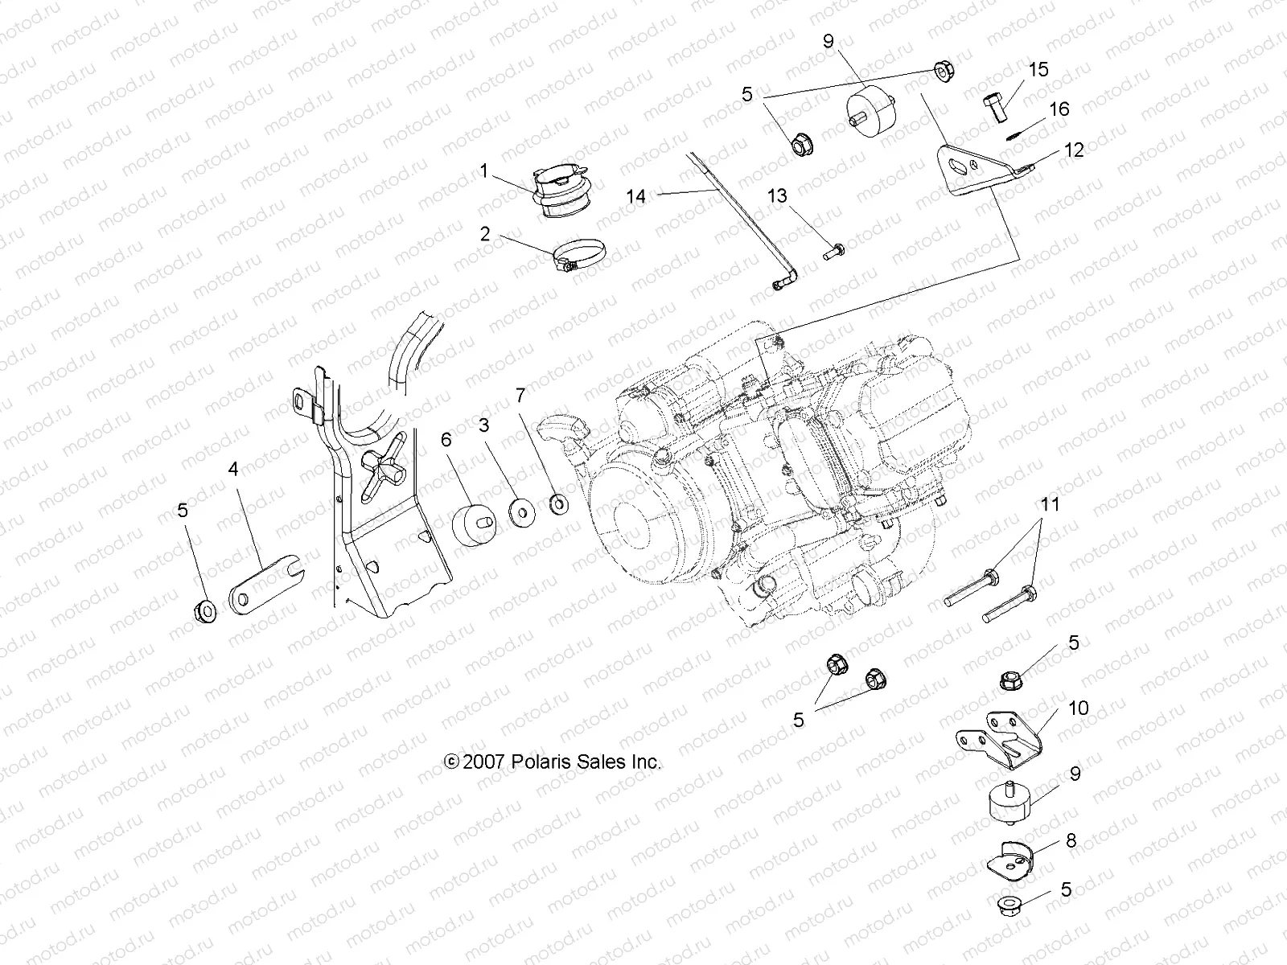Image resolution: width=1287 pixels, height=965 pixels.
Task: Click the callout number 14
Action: tap(636, 196)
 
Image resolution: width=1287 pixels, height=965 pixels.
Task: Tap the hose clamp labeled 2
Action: tap(578, 257)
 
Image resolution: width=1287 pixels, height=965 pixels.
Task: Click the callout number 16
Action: tap(1059, 109)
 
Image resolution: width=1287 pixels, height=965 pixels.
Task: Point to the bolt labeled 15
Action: tap(995, 105)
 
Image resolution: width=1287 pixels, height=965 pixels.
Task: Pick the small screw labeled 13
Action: tap(833, 250)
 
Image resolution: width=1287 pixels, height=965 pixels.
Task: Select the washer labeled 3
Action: tap(523, 511)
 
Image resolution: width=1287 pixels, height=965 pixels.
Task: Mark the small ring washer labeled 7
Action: tap(557, 504)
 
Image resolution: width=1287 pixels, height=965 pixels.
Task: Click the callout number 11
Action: tap(1050, 505)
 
